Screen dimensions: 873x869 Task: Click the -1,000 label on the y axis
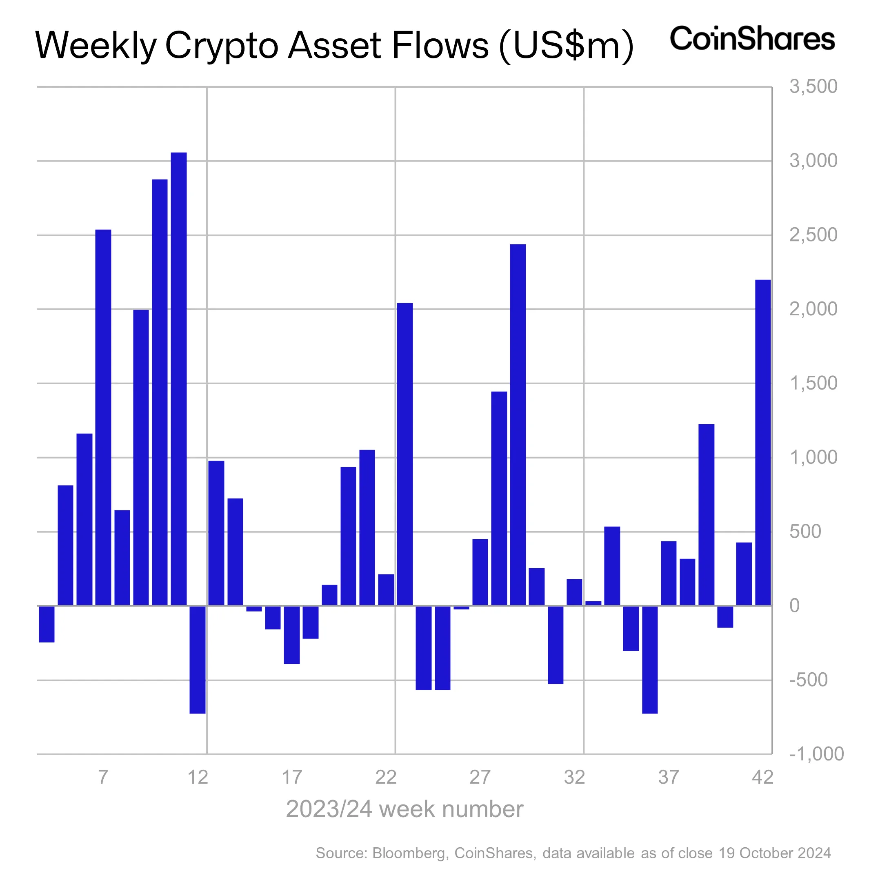click(816, 754)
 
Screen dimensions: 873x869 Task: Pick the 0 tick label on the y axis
click(794, 606)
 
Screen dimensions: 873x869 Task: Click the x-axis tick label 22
click(386, 777)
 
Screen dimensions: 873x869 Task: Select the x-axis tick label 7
click(103, 777)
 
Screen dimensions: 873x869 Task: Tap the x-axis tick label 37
click(668, 777)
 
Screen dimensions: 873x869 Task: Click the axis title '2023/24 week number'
click(404, 809)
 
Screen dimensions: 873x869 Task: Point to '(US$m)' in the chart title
click(567, 46)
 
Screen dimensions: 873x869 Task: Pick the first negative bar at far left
click(47, 624)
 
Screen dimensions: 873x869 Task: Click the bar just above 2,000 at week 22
click(404, 454)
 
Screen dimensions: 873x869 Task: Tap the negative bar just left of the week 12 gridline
click(198, 660)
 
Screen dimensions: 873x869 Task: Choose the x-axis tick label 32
click(574, 777)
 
